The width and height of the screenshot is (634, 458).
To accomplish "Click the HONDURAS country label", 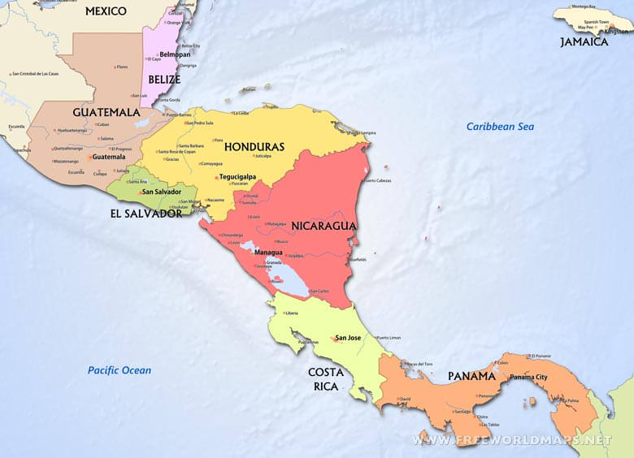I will pyautogui.click(x=254, y=147).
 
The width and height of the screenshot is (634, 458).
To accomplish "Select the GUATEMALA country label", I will pyautogui.click(x=106, y=112).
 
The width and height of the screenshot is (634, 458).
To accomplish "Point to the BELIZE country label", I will pyautogui.click(x=164, y=80).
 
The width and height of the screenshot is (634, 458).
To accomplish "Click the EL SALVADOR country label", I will pyautogui.click(x=146, y=214).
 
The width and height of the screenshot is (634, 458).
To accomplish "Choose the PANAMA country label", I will pyautogui.click(x=471, y=376).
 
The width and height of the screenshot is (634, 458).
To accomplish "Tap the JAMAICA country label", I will pyautogui.click(x=584, y=41).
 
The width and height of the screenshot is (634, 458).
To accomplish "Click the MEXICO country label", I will pyautogui.click(x=106, y=11).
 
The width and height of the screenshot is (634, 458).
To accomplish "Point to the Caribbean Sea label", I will pyautogui.click(x=500, y=127).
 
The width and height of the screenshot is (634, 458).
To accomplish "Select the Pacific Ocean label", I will pyautogui.click(x=119, y=370).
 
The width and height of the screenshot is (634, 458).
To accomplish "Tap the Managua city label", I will pyautogui.click(x=268, y=253).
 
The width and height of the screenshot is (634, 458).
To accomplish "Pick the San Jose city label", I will pyautogui.click(x=348, y=338).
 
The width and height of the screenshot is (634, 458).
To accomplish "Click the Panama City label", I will pyautogui.click(x=529, y=378).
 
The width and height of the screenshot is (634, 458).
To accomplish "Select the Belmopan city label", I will pyautogui.click(x=175, y=54).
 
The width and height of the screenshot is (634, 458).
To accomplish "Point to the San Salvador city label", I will pyautogui.click(x=161, y=192).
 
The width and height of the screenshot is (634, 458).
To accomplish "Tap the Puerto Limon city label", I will pyautogui.click(x=389, y=338).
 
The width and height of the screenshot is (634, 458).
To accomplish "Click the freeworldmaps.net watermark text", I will pyautogui.click(x=512, y=440).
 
